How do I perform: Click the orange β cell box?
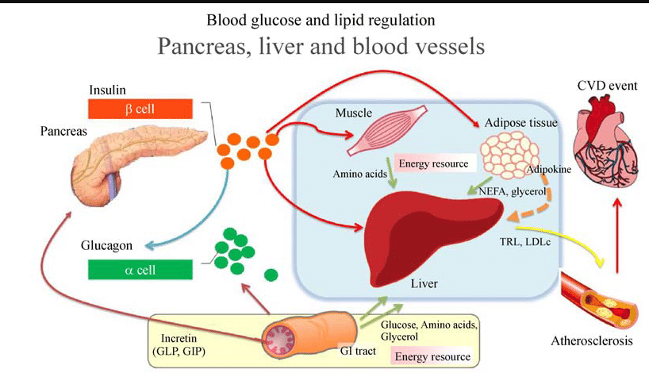coord(140,109)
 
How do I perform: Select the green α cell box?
coord(140,270)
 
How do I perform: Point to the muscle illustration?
coord(387,130)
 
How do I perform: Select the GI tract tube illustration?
coord(309,336)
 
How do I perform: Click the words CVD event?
coord(607,86)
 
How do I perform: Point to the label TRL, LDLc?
coord(524,242)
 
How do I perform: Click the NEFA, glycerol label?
coord(513,192)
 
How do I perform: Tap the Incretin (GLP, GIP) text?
coord(179,345)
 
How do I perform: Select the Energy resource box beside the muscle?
coord(433,163)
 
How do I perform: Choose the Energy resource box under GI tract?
coord(432,356)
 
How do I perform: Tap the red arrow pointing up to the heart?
coord(617,236)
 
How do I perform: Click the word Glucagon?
coord(107,245)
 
